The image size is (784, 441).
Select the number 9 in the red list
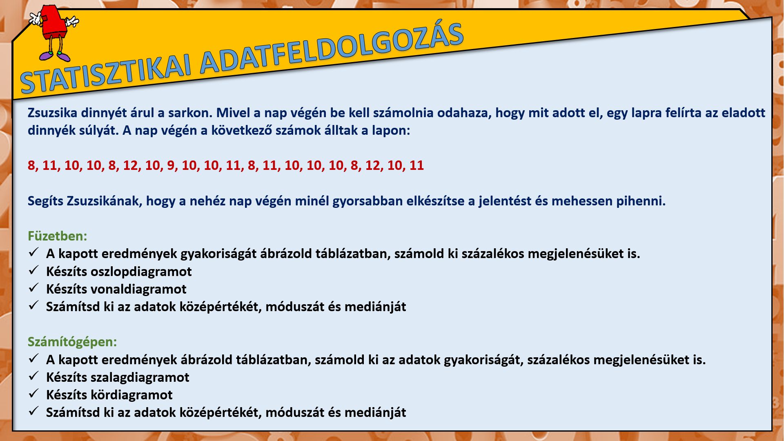click(171, 165)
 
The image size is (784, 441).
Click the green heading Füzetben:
click(57, 236)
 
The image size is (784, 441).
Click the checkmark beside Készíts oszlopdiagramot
click(33, 270)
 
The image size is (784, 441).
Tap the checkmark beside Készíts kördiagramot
click(33, 394)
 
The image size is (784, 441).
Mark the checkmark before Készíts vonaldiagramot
click(33, 288)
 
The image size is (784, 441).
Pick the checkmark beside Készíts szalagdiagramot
click(33, 376)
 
